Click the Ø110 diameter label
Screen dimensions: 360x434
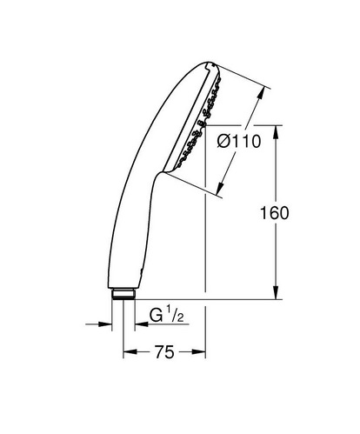click(x=239, y=142)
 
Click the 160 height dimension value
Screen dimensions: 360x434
click(x=275, y=213)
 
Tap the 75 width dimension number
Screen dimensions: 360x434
click(x=164, y=352)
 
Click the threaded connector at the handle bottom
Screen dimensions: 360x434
click(x=123, y=294)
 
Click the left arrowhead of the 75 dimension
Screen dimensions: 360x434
click(x=130, y=351)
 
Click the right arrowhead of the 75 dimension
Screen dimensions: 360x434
click(x=199, y=351)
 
